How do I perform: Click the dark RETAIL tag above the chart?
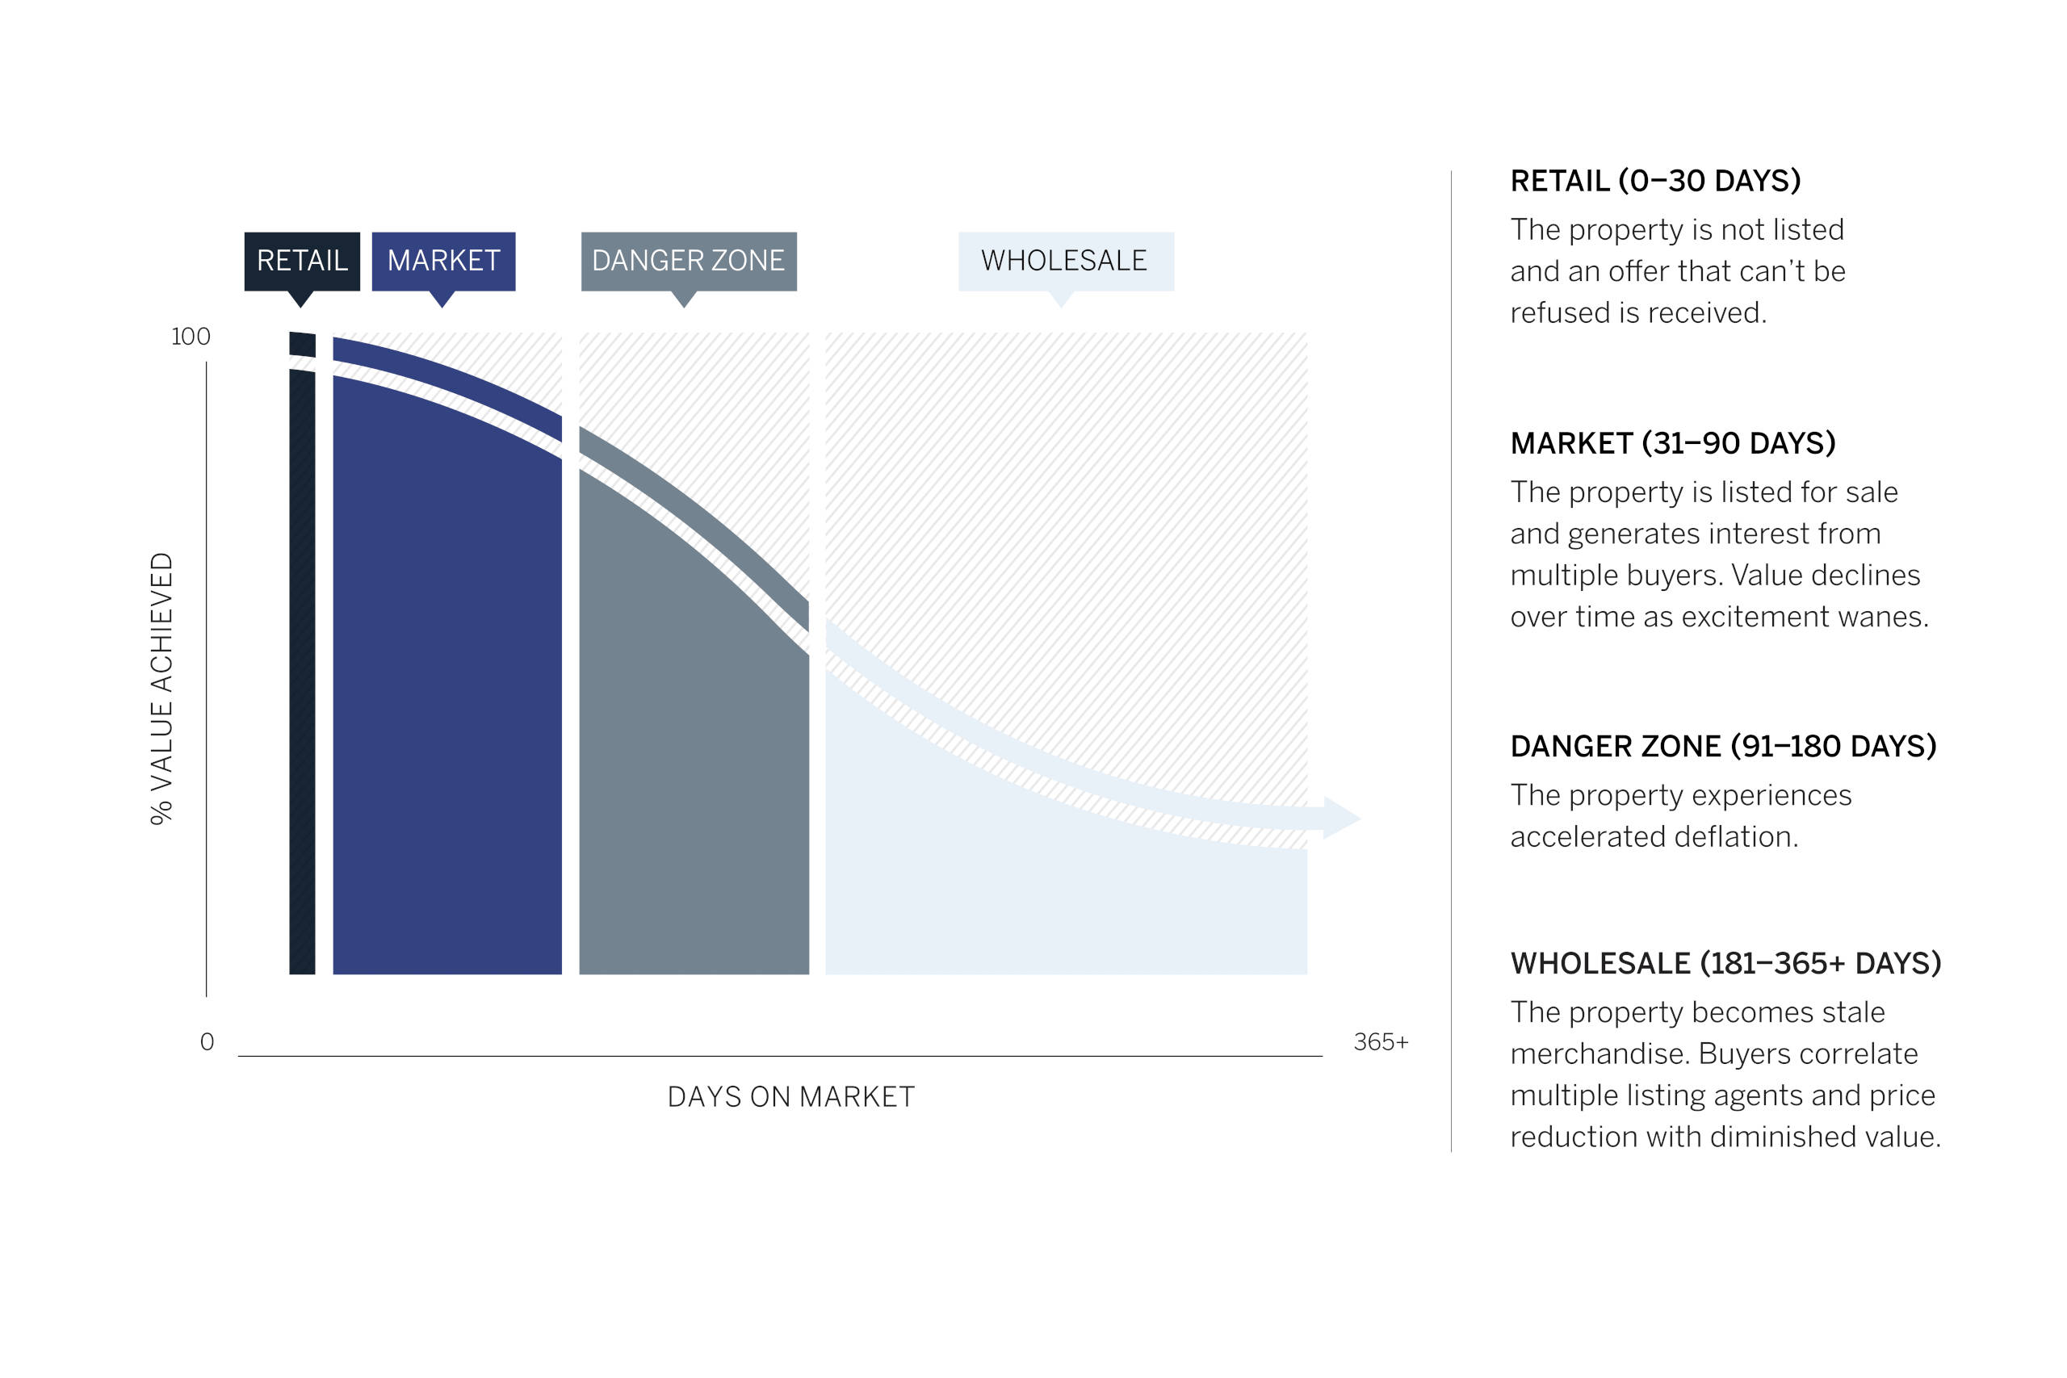point(301,261)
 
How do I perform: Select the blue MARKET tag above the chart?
point(443,261)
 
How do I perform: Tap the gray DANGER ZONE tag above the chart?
point(688,261)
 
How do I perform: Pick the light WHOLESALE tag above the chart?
point(1065,261)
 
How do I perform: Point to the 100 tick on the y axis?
point(191,337)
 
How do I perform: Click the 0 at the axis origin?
point(208,1041)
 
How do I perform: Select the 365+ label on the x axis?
point(1381,1041)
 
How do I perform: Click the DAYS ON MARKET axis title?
point(791,1097)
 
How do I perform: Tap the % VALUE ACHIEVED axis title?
point(161,688)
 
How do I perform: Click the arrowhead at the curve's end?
point(1342,819)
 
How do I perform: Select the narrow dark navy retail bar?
point(302,653)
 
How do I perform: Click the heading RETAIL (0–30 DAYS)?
point(1655,181)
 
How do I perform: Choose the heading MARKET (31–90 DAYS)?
point(1672,443)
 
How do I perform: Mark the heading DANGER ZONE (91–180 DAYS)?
point(1723,746)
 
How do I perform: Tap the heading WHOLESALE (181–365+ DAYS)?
point(1726,963)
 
